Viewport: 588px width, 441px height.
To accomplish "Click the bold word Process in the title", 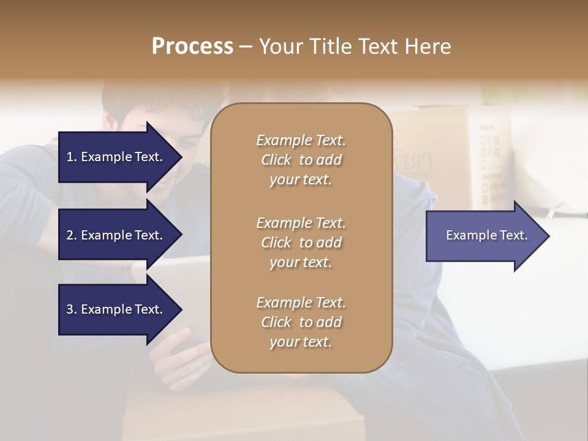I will (x=192, y=47).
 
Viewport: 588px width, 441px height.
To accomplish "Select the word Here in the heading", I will (x=428, y=47).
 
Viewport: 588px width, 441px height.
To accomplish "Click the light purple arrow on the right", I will (x=484, y=235).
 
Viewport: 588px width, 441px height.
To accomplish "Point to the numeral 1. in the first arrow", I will (x=72, y=157).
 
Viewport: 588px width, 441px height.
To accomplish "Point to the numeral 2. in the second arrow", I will (x=72, y=235).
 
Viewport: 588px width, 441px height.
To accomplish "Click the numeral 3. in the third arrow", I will (x=72, y=309).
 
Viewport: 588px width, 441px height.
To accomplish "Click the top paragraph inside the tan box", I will (x=301, y=160).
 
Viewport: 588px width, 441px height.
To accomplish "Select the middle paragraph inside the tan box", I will (x=301, y=243).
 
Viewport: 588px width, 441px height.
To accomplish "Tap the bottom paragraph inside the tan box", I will (x=301, y=322).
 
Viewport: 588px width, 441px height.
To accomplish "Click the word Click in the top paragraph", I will (x=276, y=160).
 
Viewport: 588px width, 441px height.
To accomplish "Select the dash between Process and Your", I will (x=246, y=47).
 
